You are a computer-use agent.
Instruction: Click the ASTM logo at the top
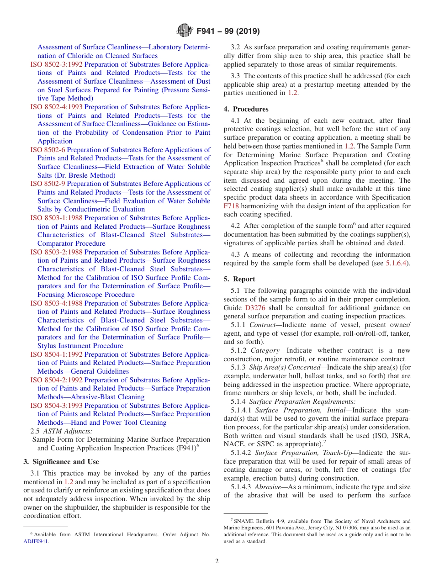coord(184,31)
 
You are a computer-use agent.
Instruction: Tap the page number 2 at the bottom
coord(217,561)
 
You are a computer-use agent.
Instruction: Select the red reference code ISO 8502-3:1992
coord(57,64)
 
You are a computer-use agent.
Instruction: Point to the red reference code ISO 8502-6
coord(48,150)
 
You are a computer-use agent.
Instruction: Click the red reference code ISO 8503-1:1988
coord(57,218)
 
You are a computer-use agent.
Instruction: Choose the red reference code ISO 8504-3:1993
coord(57,406)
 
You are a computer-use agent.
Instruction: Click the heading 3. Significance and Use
coord(61,462)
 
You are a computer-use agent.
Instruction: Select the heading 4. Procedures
coord(246,109)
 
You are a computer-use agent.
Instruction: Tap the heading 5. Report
coord(239,279)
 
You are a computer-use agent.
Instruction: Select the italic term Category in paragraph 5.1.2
coord(265,350)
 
